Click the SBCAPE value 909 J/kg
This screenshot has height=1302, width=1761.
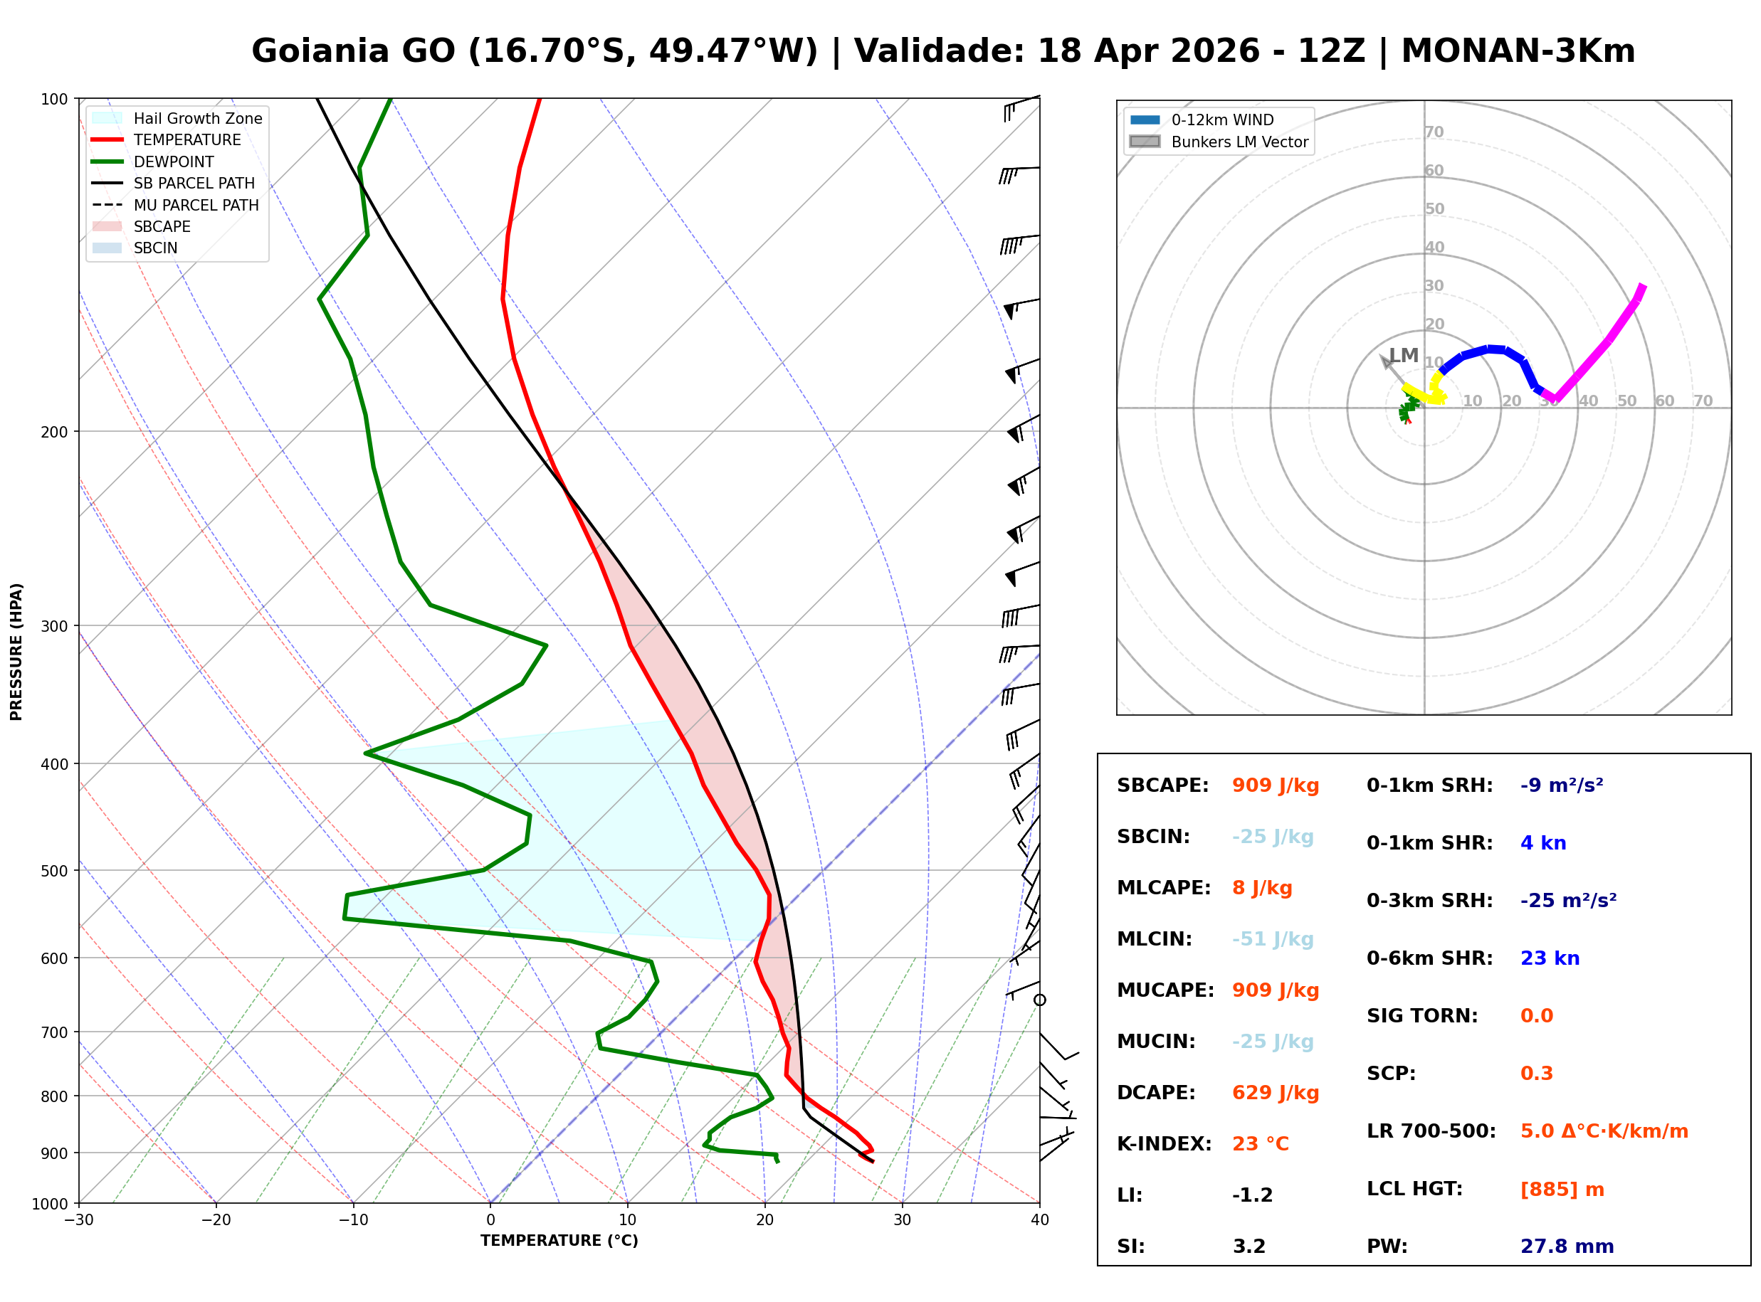(1276, 785)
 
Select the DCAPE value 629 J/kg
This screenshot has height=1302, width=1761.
(1276, 1093)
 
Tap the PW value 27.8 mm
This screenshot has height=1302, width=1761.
(1567, 1247)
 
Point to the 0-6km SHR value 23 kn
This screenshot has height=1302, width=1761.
(1550, 958)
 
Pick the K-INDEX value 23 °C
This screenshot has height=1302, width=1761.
(1261, 1144)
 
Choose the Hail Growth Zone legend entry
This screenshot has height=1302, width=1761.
(177, 118)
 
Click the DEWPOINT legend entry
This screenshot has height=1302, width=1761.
(153, 162)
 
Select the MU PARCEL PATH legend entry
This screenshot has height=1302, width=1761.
(175, 205)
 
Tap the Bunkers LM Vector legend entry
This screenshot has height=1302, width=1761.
(1219, 142)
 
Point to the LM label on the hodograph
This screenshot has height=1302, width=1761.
(1403, 356)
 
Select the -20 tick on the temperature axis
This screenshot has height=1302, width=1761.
(216, 1220)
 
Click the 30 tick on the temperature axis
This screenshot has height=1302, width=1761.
(902, 1220)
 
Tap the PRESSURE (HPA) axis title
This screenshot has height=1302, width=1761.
(16, 652)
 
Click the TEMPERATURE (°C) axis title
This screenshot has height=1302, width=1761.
(559, 1241)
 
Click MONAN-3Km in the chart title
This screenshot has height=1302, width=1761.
(1518, 51)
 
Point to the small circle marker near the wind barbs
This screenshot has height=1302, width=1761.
(1040, 1000)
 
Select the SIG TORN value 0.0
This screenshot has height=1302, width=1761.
(1536, 1016)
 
